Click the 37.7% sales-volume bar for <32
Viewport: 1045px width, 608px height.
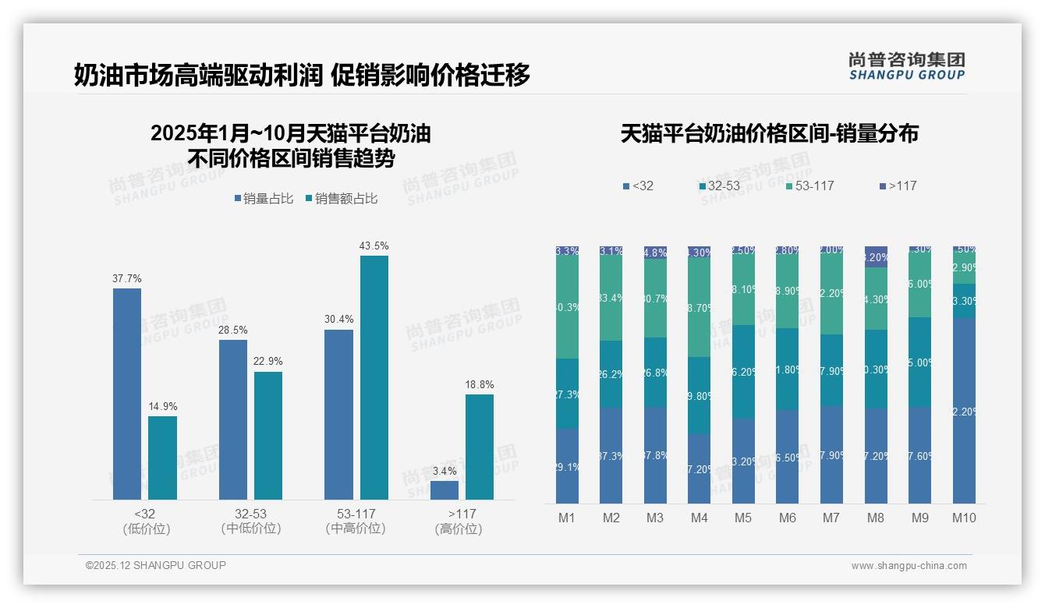click(127, 394)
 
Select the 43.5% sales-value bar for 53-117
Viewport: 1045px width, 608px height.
click(374, 377)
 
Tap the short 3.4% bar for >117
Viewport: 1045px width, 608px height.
click(444, 490)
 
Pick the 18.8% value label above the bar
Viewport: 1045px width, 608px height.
click(480, 384)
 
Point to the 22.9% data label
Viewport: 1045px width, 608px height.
click(268, 362)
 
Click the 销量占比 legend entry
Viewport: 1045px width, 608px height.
click(264, 199)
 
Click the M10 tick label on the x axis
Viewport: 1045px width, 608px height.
click(964, 518)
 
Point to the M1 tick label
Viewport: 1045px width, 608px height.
click(567, 518)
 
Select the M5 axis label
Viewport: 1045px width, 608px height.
click(743, 518)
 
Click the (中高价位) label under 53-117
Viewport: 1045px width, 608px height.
click(356, 528)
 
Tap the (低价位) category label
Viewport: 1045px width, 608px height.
click(147, 528)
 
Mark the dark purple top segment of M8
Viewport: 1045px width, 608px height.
click(876, 256)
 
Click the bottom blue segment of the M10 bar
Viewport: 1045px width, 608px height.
click(964, 411)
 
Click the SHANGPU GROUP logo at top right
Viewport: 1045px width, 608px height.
click(906, 66)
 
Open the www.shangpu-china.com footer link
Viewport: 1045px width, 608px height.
click(909, 566)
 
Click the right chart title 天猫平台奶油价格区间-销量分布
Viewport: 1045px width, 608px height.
click(769, 133)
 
